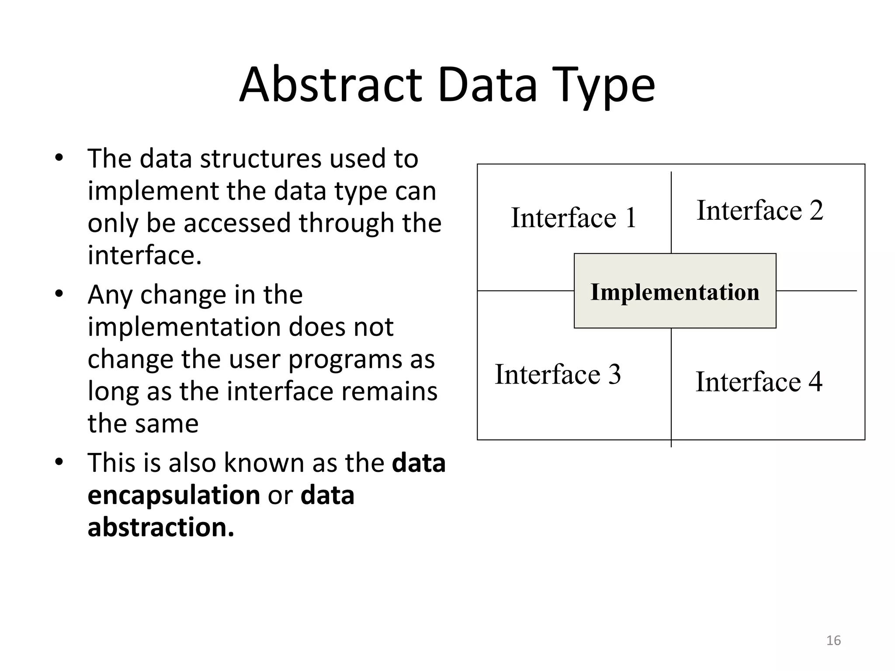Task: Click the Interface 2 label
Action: click(760, 210)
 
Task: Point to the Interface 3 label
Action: click(558, 374)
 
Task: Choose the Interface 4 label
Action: click(759, 381)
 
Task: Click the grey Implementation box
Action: click(675, 291)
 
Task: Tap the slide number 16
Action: click(833, 640)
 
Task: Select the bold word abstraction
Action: click(161, 527)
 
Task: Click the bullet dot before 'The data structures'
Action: click(59, 158)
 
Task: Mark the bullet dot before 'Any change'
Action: click(59, 294)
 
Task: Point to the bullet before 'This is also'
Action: click(59, 462)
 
